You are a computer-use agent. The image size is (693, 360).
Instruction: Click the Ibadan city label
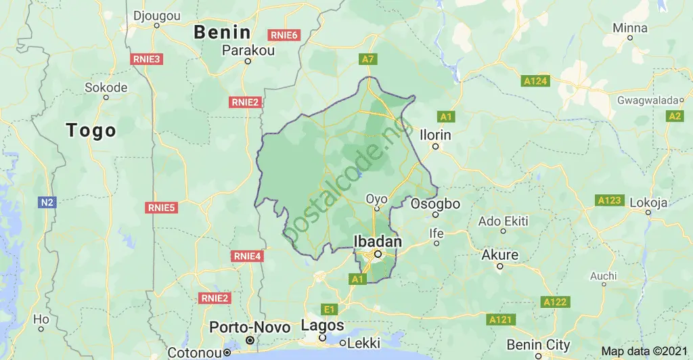(x=378, y=242)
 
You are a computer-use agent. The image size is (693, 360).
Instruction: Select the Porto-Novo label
(x=250, y=327)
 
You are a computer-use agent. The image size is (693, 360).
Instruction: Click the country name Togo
(x=91, y=130)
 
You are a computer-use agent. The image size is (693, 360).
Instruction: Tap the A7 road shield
(x=367, y=60)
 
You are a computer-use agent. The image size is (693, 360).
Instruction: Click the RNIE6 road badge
(x=284, y=35)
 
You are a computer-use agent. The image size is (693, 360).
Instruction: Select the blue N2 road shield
(x=46, y=202)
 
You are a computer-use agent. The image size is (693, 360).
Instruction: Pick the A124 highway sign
(x=535, y=81)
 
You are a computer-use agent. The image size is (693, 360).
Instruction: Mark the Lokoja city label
(x=648, y=202)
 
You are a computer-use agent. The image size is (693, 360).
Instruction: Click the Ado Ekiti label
(x=503, y=221)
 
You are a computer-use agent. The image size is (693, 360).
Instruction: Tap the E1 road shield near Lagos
(x=329, y=309)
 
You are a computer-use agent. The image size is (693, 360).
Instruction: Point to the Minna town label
(x=629, y=28)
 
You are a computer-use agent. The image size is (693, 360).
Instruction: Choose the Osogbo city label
(x=435, y=204)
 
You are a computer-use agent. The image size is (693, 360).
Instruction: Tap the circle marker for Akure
(x=500, y=267)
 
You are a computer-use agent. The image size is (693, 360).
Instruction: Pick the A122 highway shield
(x=555, y=302)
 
